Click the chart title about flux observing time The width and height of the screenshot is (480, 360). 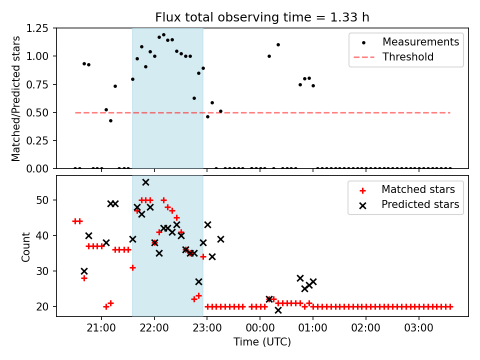[262, 17]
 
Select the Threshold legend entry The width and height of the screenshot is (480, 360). [393, 57]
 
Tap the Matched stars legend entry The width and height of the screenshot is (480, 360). [406, 189]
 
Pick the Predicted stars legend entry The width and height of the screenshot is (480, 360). [409, 204]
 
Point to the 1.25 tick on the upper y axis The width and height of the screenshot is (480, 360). [37, 28]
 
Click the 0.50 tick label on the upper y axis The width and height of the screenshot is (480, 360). [37, 112]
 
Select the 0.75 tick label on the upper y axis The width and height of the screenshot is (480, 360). [37, 84]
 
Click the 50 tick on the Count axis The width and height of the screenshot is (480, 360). [42, 200]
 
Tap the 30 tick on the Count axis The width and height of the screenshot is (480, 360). [42, 271]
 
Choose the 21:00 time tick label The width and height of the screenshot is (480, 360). [101, 328]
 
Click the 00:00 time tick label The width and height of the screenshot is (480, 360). [260, 328]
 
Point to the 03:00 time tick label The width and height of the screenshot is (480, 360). [418, 328]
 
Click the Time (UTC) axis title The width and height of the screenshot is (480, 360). [262, 341]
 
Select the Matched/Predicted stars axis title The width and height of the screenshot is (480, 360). [15, 98]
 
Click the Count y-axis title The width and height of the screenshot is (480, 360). [25, 247]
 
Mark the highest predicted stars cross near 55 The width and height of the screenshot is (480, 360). [145, 182]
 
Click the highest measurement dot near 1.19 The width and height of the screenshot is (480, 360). [163, 35]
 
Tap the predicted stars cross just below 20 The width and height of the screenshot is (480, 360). [278, 310]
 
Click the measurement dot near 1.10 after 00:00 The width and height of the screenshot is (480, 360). [278, 44]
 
